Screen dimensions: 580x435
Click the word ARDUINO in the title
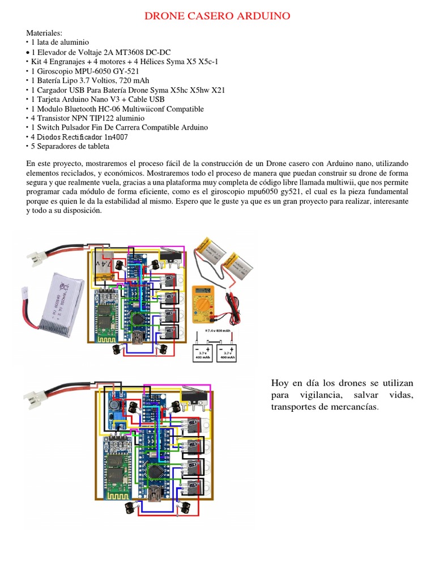click(260, 16)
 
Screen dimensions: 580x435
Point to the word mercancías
click(352, 407)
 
